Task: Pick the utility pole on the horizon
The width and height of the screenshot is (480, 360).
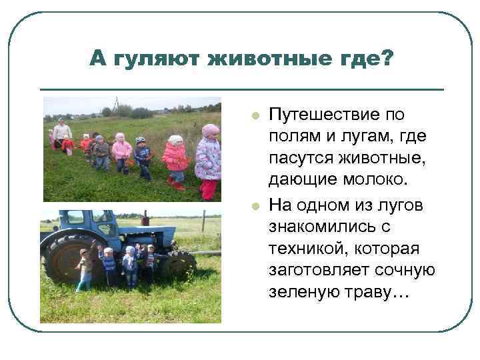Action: pos(117,104)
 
